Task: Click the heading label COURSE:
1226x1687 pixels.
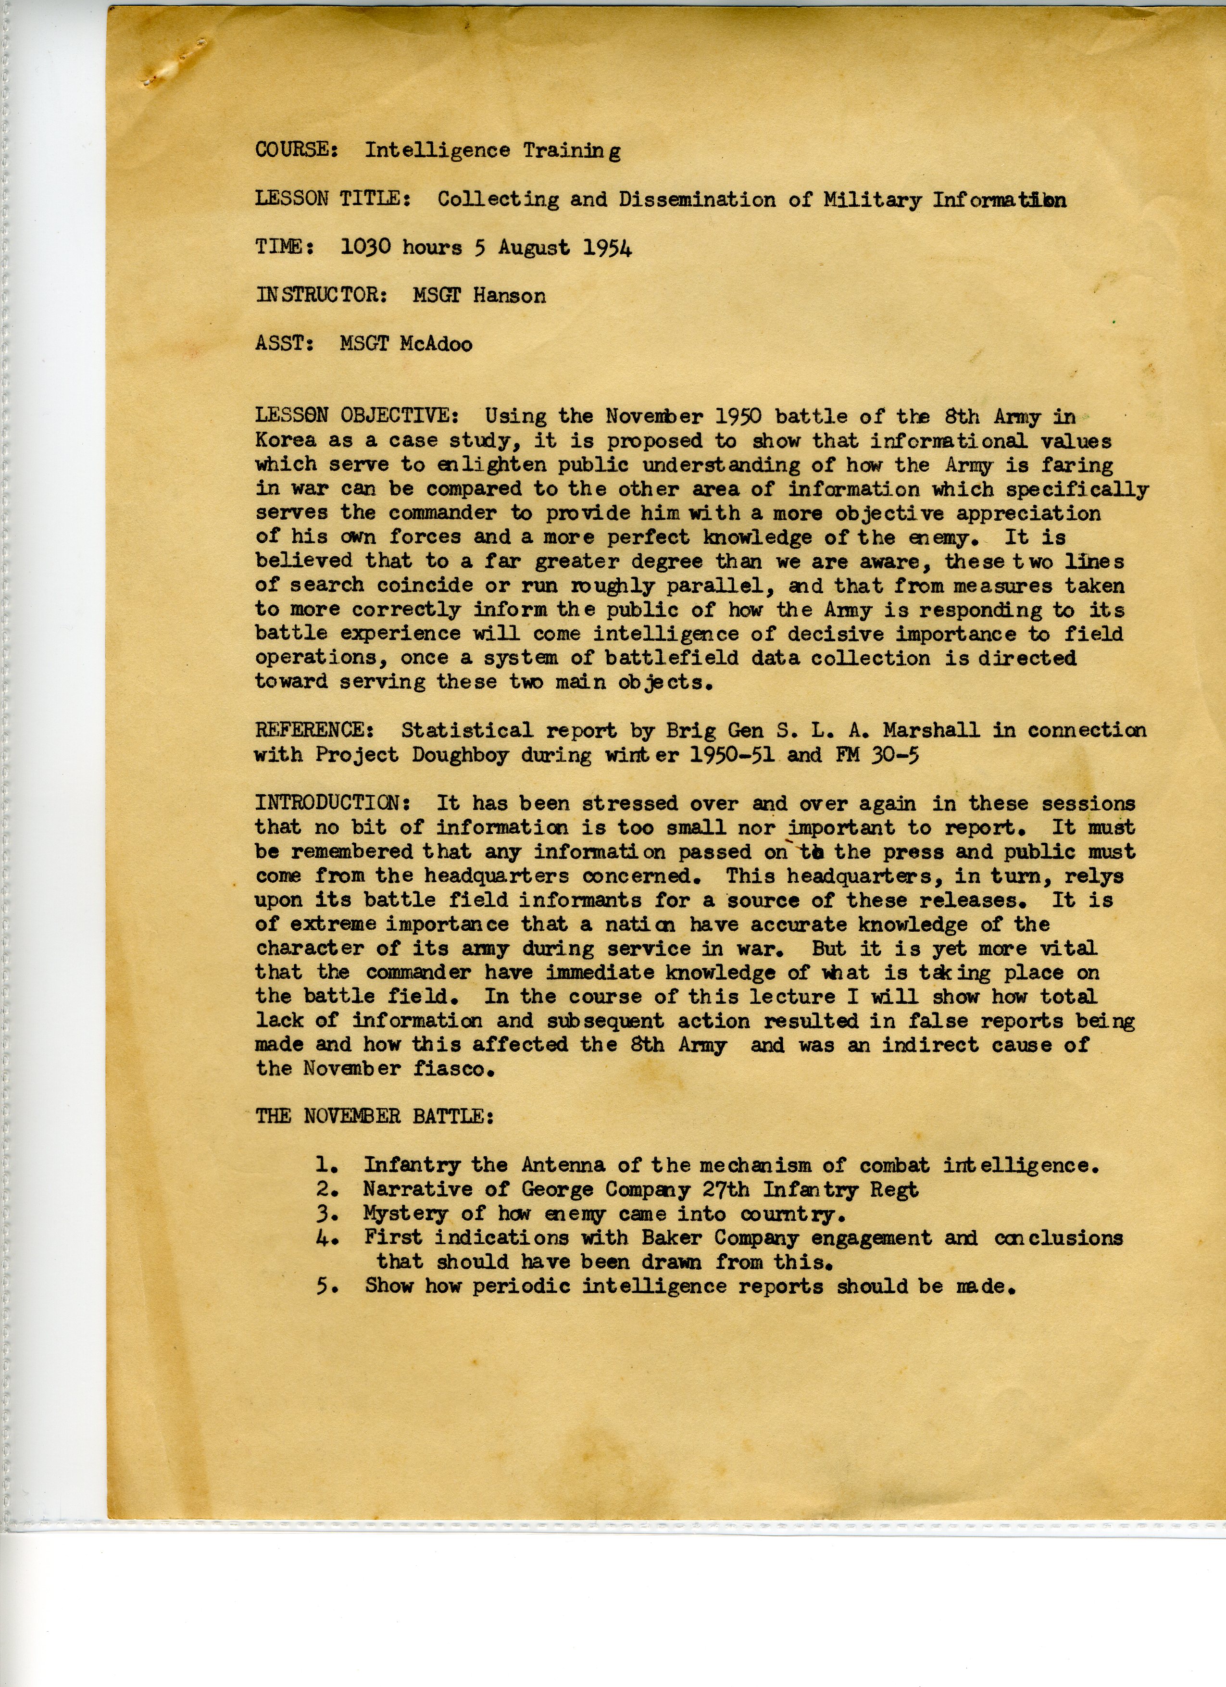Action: (x=297, y=150)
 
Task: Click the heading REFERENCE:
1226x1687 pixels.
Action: (x=310, y=730)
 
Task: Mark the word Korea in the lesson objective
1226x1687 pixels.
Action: (x=285, y=440)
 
